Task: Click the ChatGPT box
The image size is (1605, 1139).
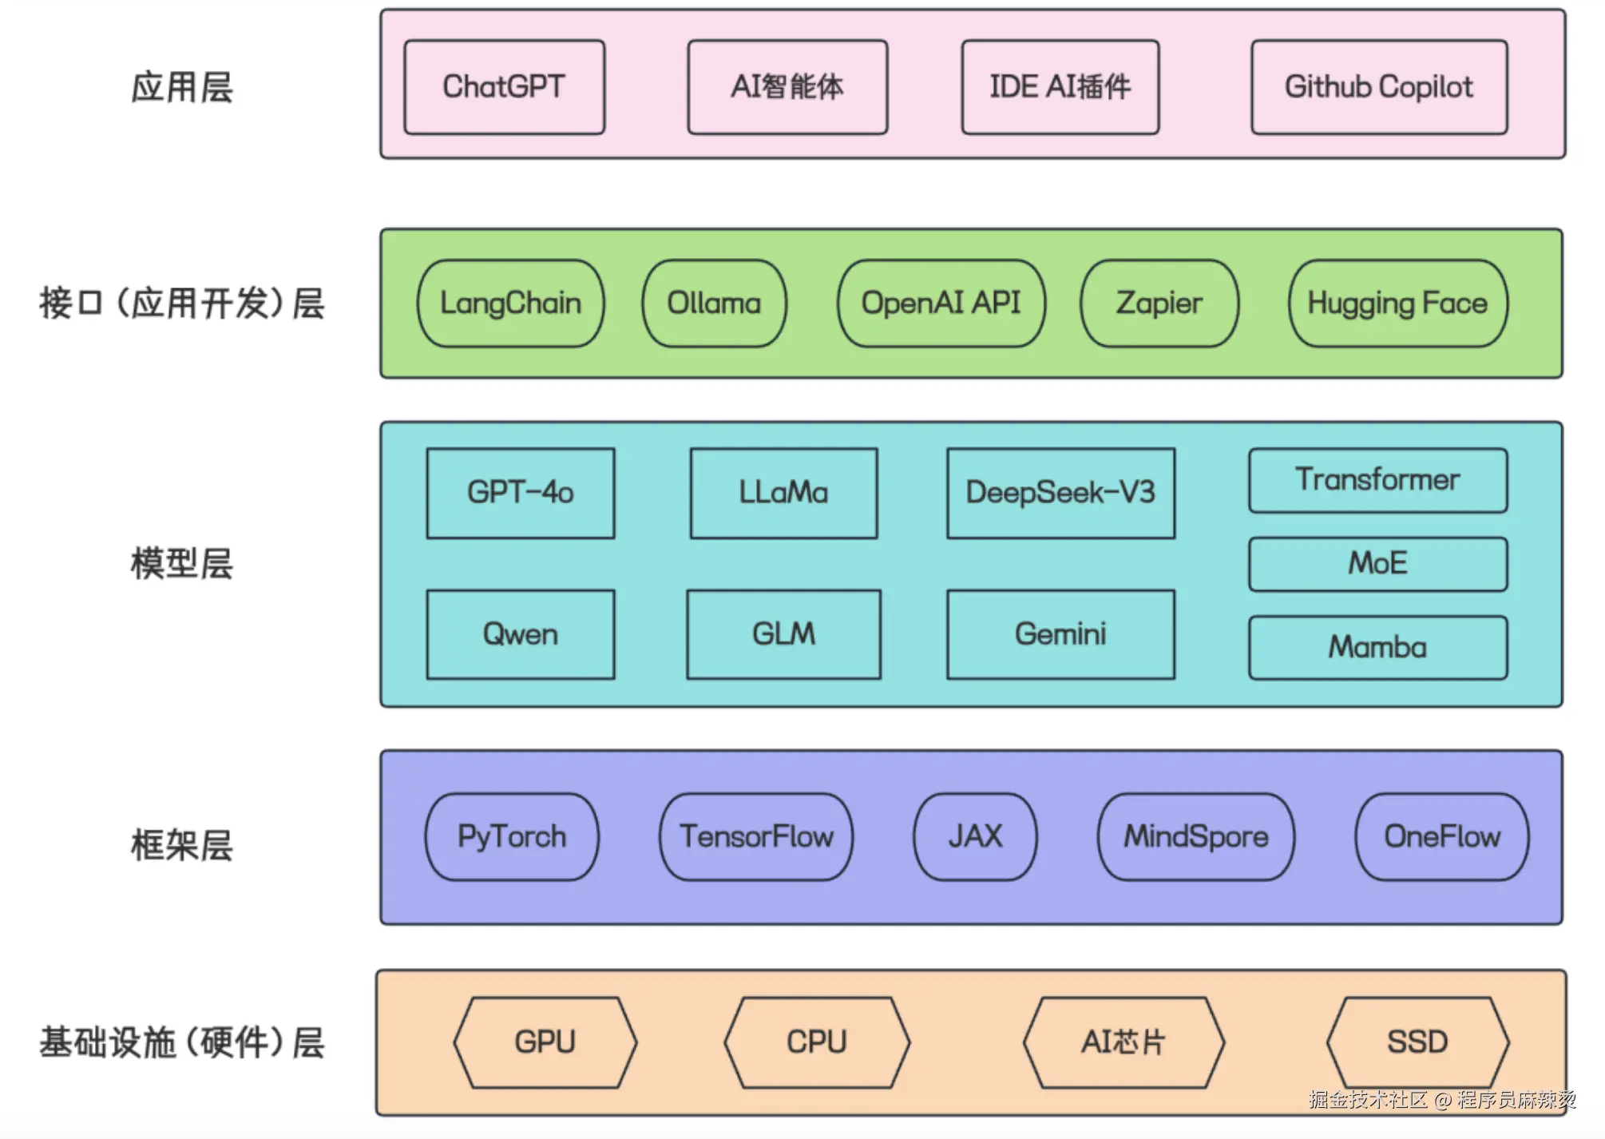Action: tap(504, 87)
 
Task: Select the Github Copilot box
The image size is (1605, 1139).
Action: tap(1378, 87)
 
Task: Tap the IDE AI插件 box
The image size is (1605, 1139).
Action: tap(1060, 87)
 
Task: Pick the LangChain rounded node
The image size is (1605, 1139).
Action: tap(510, 304)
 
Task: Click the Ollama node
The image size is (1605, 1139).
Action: tap(714, 304)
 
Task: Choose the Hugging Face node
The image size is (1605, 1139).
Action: tap(1397, 304)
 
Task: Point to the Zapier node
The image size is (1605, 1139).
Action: tap(1159, 304)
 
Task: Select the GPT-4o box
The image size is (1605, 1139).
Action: tap(520, 493)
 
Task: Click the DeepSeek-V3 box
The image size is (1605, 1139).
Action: tap(1060, 493)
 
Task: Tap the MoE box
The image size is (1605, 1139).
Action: tap(1377, 564)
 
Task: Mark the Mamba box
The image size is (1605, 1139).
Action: tap(1377, 647)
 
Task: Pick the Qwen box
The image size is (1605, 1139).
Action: tap(520, 635)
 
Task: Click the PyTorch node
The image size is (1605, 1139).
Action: tap(511, 837)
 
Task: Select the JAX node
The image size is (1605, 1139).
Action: tap(975, 837)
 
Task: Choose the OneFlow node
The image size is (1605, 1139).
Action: tap(1441, 837)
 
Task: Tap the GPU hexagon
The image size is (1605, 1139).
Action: tap(545, 1042)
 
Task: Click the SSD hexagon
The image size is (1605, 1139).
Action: tap(1417, 1042)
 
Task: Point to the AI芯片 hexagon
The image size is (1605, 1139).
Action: tap(1123, 1042)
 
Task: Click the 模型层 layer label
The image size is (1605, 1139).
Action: tap(182, 564)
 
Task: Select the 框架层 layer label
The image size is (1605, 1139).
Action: tap(182, 845)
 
